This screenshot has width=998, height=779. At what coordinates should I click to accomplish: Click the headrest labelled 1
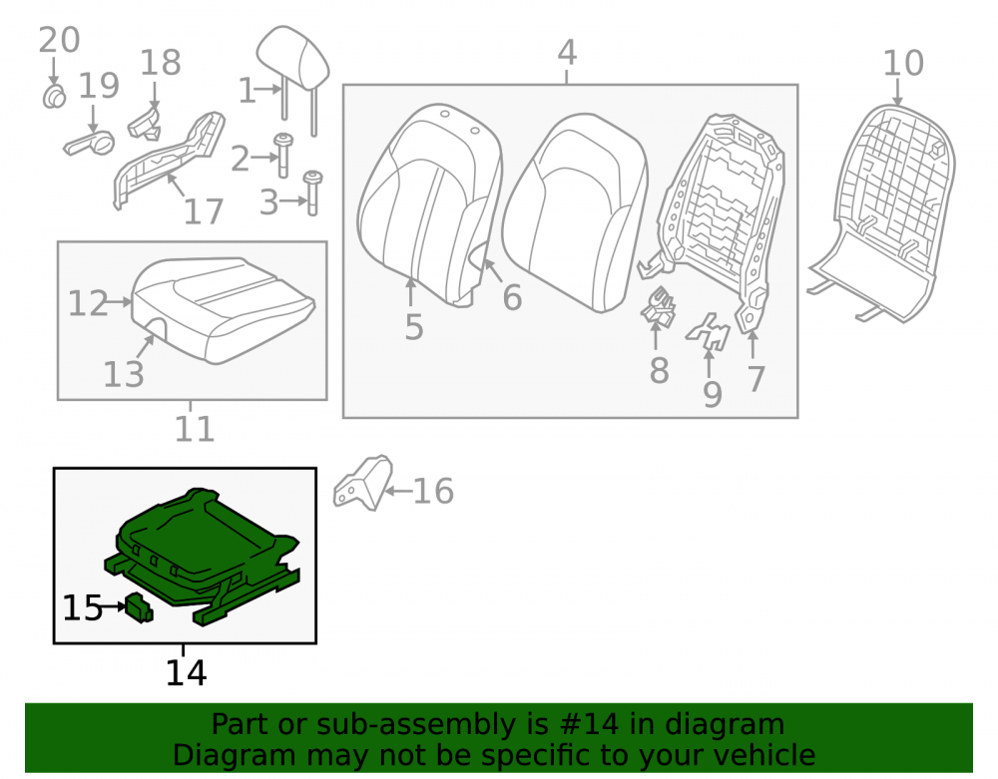click(x=292, y=61)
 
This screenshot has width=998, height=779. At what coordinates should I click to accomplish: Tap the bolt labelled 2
click(x=282, y=155)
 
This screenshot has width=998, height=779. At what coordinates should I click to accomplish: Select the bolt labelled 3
click(x=311, y=193)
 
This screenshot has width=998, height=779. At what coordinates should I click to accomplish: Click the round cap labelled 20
click(x=54, y=96)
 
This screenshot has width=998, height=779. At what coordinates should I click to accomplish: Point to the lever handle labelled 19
click(x=90, y=143)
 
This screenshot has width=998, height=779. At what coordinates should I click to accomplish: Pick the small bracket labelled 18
click(x=145, y=124)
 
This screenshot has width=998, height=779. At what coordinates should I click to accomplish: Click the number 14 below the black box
click(x=186, y=673)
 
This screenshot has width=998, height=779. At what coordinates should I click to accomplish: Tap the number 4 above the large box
click(x=567, y=52)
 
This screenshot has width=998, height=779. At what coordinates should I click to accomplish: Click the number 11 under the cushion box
click(x=195, y=429)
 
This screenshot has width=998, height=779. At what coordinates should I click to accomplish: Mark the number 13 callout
click(x=124, y=374)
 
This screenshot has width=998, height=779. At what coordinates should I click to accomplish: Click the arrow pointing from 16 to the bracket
click(x=398, y=491)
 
